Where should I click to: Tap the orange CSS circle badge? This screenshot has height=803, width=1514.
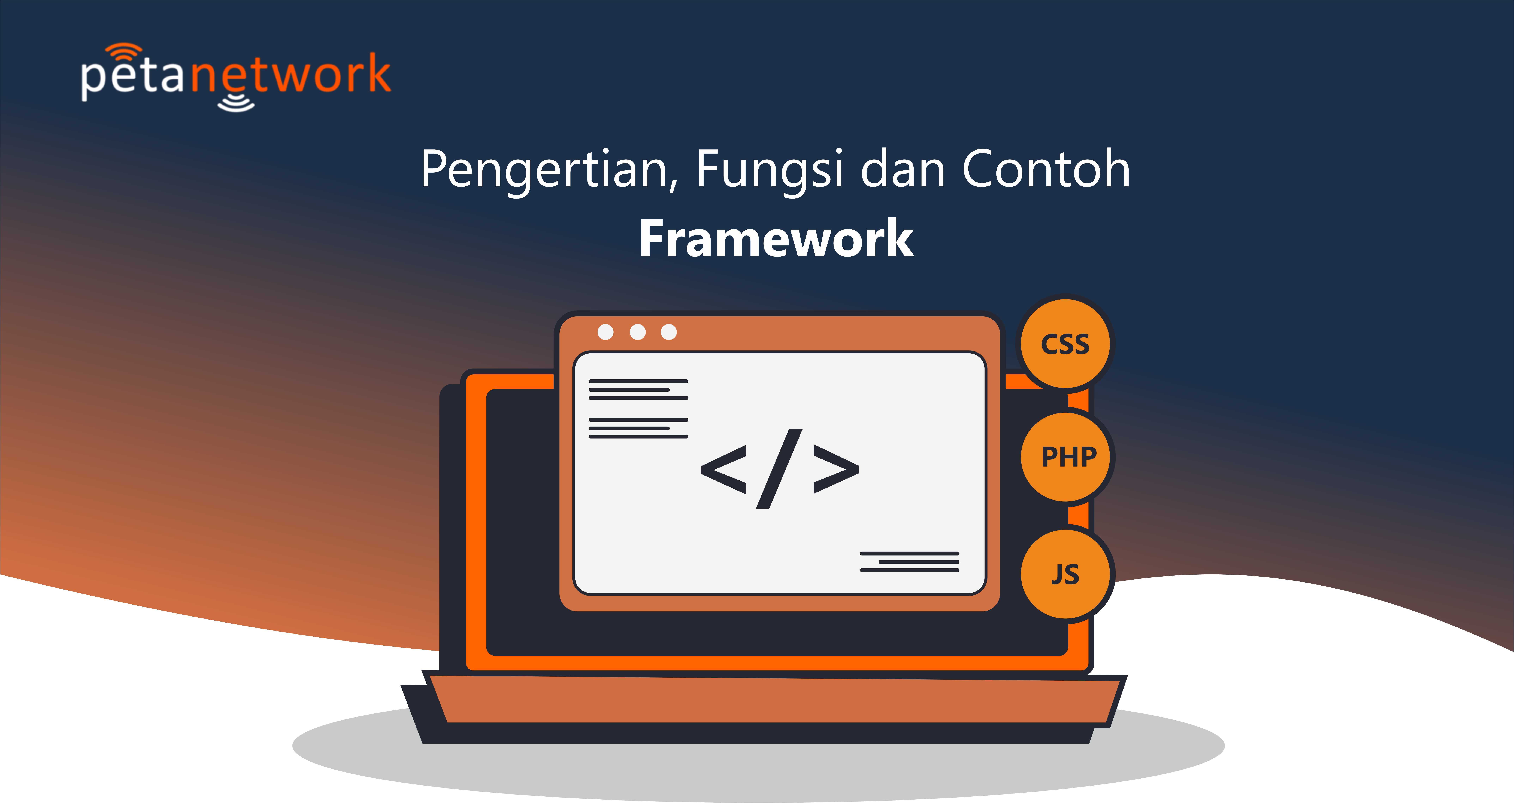[x=1065, y=344]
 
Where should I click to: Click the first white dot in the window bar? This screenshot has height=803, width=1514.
[x=605, y=332]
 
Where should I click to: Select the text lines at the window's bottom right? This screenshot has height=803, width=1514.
[x=909, y=562]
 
